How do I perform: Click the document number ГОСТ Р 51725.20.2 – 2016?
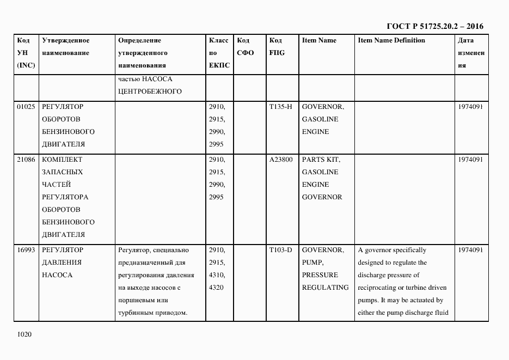point(434,26)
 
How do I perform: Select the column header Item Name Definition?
point(391,40)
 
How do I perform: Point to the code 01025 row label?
point(26,107)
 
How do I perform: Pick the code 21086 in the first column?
point(26,160)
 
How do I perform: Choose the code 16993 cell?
point(26,250)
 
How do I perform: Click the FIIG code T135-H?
point(280,107)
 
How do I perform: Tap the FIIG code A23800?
point(281,160)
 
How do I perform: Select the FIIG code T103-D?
point(280,250)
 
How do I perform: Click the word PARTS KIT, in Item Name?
point(321,160)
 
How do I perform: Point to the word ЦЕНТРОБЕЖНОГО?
point(149,91)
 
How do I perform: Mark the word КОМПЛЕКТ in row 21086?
point(62,160)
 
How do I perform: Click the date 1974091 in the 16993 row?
point(470,250)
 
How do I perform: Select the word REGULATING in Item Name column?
point(325,287)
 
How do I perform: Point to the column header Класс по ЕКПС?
point(219,53)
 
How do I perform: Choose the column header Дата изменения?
point(470,53)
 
